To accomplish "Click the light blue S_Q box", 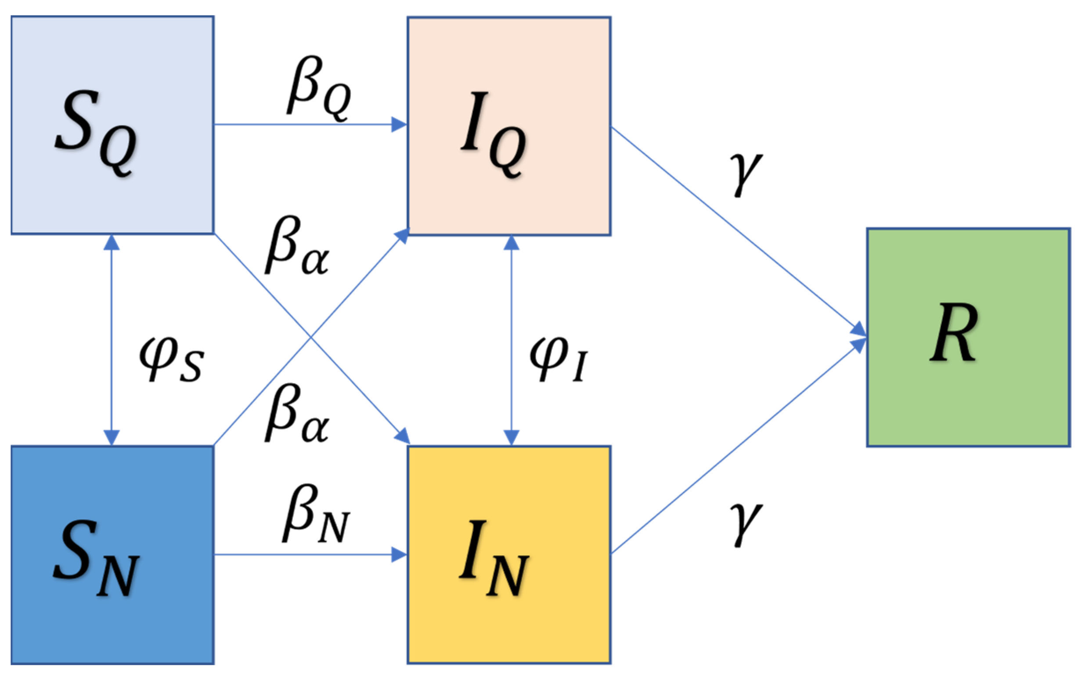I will tap(112, 125).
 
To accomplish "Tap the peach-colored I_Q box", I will tap(509, 126).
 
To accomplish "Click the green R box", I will tap(968, 337).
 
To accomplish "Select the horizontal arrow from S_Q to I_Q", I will tap(309, 124).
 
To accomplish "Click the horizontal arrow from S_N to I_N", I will tap(309, 555).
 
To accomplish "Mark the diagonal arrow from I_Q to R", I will tap(739, 230).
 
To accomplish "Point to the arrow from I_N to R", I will tap(739, 446).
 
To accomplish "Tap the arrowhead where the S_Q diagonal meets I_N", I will tap(404, 436).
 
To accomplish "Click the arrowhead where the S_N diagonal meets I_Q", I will tap(403, 234).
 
